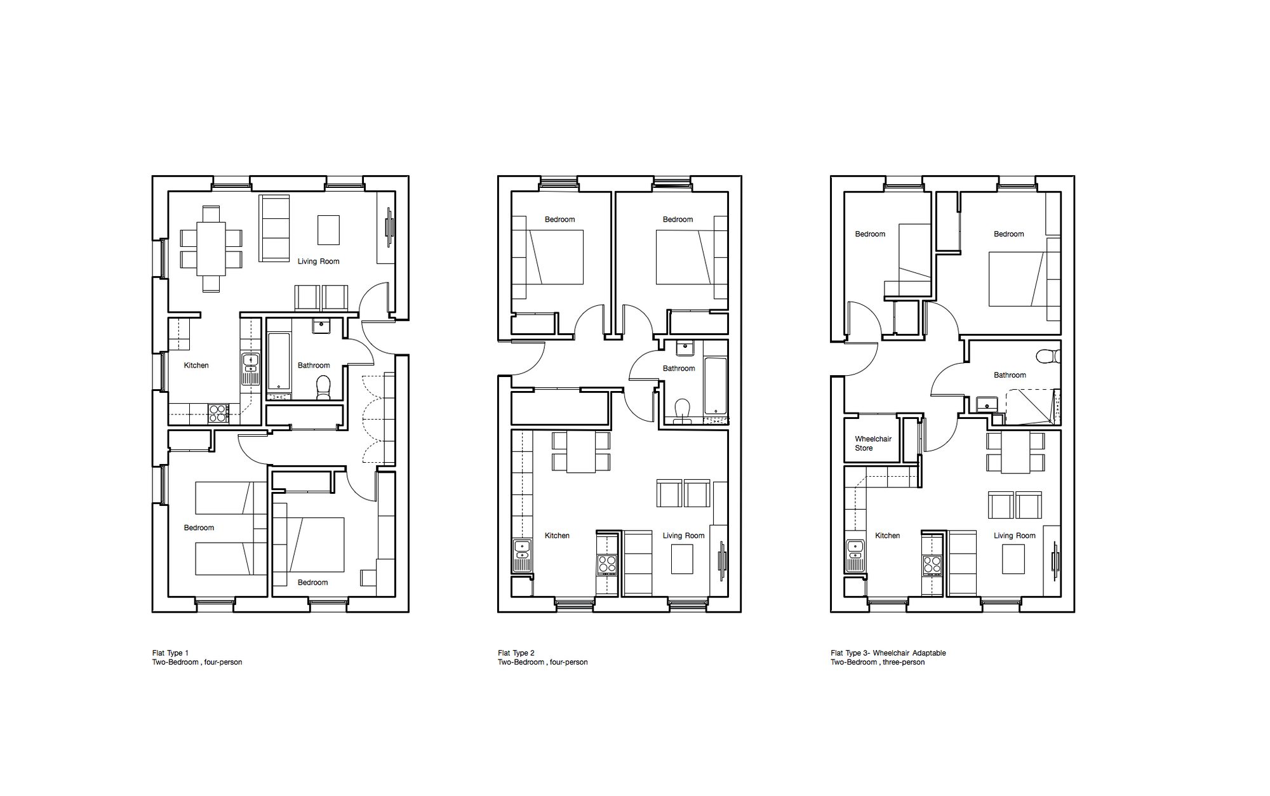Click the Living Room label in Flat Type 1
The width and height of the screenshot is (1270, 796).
(x=319, y=262)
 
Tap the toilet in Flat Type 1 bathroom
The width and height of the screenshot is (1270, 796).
(x=324, y=387)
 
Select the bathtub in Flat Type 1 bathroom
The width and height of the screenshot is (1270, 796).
(x=279, y=361)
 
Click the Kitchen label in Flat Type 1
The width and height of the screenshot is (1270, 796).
(x=196, y=366)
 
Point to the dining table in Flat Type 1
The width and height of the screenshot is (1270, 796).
(x=211, y=248)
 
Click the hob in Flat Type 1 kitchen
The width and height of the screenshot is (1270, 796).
(x=218, y=413)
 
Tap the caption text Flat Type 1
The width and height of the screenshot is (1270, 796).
(x=170, y=653)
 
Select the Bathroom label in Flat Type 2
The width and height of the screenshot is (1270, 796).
(x=679, y=369)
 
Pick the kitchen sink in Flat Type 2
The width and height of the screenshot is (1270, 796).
(x=522, y=556)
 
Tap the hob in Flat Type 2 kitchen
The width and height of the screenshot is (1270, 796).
(x=606, y=564)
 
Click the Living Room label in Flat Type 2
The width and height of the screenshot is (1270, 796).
(x=683, y=536)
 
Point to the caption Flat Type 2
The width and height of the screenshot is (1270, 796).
(x=516, y=653)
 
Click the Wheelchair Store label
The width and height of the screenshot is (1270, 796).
(x=873, y=444)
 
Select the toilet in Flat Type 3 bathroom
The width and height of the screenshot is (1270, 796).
(x=1048, y=356)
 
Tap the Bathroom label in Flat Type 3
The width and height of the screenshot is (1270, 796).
(x=1010, y=375)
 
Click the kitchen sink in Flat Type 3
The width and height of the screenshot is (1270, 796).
(x=855, y=556)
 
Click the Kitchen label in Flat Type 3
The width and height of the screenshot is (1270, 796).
(x=887, y=536)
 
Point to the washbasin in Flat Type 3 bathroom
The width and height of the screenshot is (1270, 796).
(x=987, y=404)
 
